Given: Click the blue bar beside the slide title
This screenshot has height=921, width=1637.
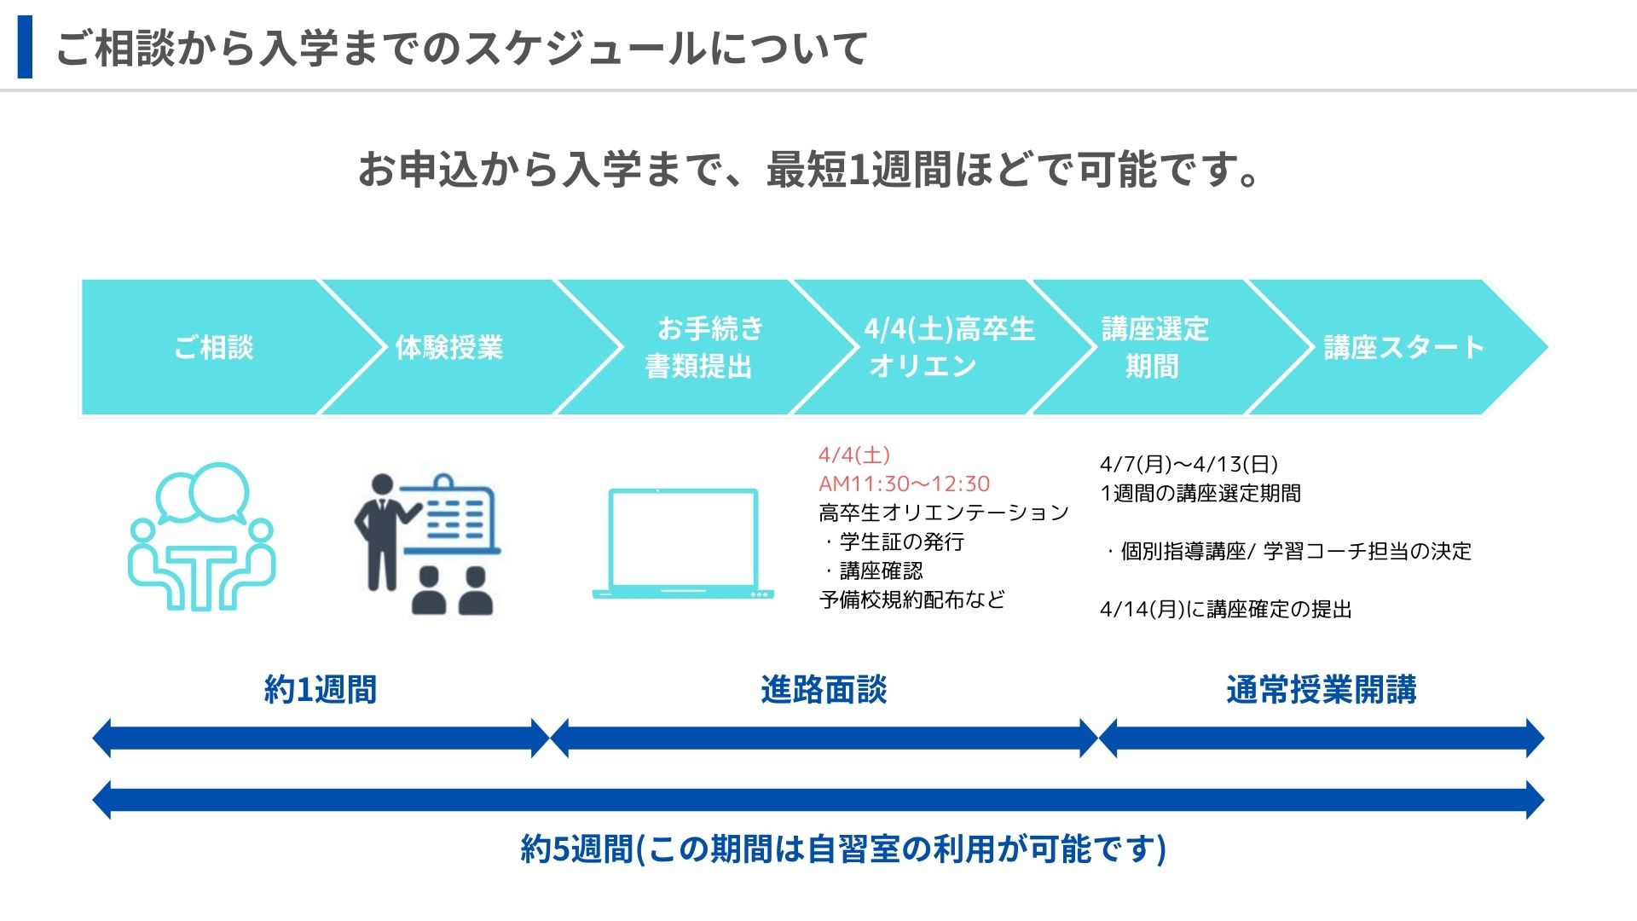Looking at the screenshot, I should coord(25,47).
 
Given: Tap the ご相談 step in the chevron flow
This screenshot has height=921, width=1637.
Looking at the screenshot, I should coord(213,347).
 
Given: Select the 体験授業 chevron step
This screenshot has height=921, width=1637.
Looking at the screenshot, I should coord(449,347).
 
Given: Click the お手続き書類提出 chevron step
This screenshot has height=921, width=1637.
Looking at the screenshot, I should coord(701,347).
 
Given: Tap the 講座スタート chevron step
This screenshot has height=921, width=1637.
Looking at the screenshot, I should coord(1403,347).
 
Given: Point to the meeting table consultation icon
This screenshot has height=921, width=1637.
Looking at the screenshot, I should coord(202,537).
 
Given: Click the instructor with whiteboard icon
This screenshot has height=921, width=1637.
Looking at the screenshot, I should coord(426,544).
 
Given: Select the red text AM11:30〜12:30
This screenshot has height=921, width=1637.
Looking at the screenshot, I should coord(904,484).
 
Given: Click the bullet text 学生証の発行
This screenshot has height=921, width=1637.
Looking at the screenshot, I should coord(901,542).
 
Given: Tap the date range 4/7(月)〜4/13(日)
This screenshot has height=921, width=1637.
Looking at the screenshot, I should coord(1189,464).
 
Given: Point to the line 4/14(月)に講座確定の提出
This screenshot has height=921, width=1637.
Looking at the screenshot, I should coord(1225,609).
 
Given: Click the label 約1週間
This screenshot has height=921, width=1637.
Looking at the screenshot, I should coord(321,689).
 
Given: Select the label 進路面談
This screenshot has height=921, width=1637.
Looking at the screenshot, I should coord(824,689).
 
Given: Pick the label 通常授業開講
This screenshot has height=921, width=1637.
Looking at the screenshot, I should coord(1321,689).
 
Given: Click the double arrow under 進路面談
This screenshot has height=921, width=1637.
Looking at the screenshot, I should coord(824,739).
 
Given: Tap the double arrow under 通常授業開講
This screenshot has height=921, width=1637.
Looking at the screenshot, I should coord(1321,739).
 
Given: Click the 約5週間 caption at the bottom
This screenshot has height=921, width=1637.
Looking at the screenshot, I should coord(842,849).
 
